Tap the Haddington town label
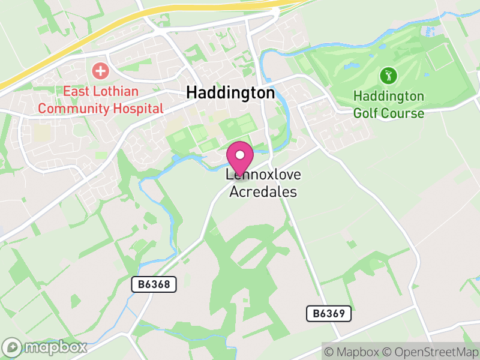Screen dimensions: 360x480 [x=230, y=93]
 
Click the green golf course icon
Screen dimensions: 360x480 [x=388, y=76]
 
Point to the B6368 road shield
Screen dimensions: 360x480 [x=154, y=285]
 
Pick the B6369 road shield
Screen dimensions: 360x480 [x=328, y=313]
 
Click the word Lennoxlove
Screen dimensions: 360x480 [x=263, y=175]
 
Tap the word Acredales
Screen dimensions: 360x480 [x=263, y=192]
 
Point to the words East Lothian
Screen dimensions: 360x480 [x=101, y=92]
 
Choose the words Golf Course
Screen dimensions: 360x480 [x=388, y=113]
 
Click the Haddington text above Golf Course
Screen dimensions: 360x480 [x=388, y=96]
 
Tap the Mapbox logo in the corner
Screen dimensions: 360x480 [x=45, y=347]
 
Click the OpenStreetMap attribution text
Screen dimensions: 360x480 [x=430, y=352]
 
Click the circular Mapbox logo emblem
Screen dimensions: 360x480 [x=12, y=347]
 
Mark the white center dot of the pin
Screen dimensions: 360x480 [x=240, y=155]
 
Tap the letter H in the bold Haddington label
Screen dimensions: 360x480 [x=192, y=93]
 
